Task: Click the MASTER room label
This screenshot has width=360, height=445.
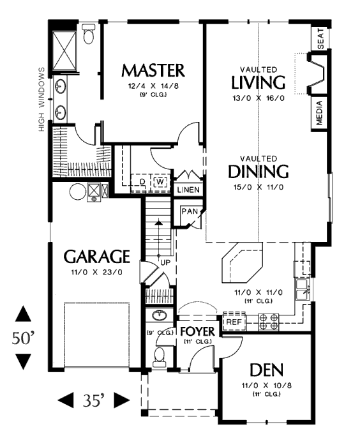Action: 153,70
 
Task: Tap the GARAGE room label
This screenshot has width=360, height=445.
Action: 97,257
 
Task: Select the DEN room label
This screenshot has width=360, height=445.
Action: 266,370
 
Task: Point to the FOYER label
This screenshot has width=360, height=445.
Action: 197,331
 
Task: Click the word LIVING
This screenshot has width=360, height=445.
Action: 258,82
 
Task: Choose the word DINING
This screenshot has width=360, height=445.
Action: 258,171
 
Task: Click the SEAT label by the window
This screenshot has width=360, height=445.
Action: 320,38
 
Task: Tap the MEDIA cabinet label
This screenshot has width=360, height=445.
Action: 319,112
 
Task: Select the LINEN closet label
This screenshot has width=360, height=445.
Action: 188,190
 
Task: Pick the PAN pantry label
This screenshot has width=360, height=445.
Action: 190,211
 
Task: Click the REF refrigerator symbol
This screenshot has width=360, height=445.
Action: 234,322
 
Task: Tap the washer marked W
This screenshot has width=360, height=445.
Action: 161,182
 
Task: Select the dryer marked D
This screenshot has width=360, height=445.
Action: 142,181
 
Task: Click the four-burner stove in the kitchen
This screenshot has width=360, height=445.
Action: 268,322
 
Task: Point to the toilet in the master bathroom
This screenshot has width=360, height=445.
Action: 89,33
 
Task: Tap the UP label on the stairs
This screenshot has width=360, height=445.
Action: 165,262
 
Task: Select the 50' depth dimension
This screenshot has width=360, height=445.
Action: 23,338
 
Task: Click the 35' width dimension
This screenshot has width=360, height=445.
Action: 94,400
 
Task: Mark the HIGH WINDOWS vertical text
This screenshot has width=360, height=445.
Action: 41,100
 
